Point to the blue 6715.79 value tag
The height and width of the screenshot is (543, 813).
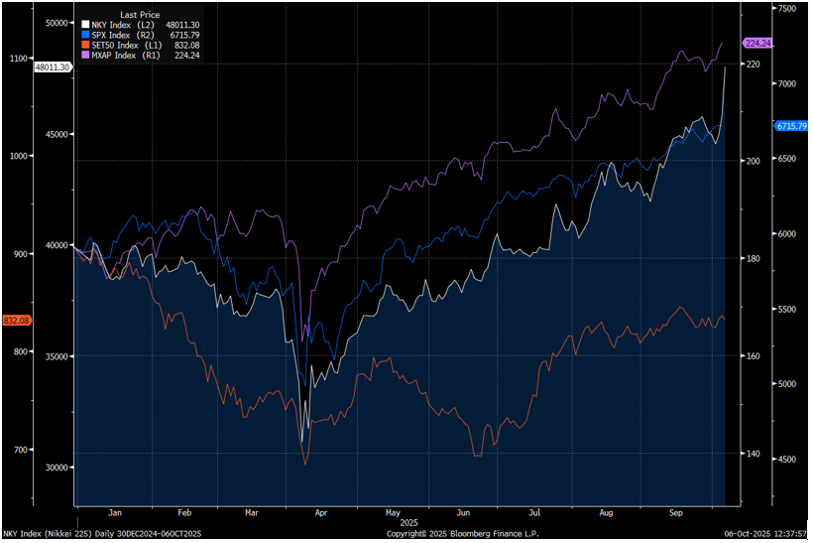point(791,126)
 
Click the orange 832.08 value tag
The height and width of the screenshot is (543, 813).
point(17,320)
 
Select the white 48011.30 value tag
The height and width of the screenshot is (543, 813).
point(52,67)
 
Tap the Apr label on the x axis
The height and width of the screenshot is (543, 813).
point(319,512)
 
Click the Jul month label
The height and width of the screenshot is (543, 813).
point(534,512)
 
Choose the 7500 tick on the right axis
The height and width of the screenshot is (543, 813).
point(786,8)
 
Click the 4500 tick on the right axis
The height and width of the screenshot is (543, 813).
point(786,459)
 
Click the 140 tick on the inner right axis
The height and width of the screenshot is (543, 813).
point(753,454)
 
